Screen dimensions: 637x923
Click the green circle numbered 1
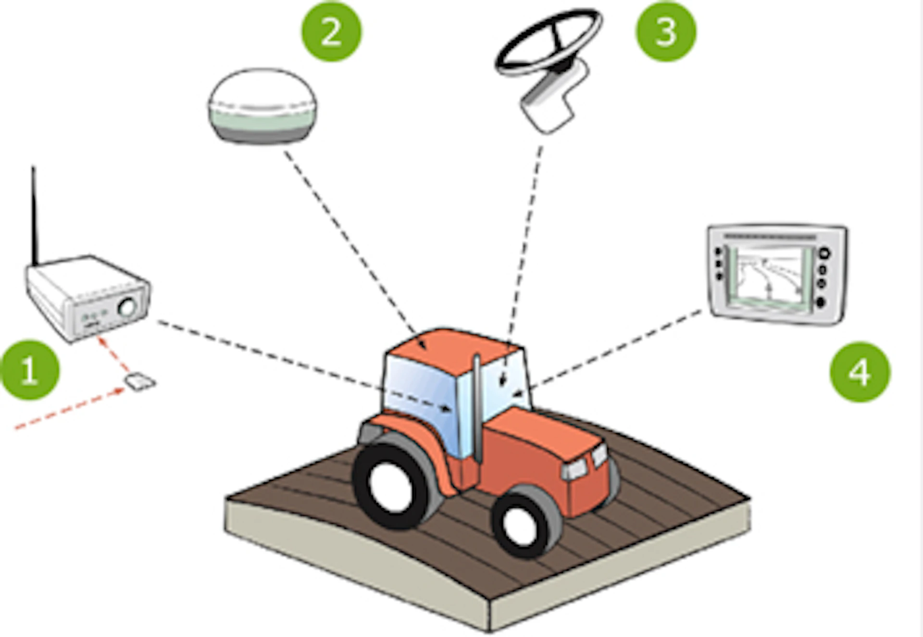[x=30, y=370]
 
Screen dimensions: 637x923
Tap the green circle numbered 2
[x=331, y=31]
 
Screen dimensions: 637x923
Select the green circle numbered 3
[x=666, y=31]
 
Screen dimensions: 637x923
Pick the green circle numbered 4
[x=860, y=372]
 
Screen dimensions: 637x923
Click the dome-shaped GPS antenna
[x=262, y=106]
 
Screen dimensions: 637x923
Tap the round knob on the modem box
[x=128, y=307]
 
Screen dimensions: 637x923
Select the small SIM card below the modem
[x=140, y=382]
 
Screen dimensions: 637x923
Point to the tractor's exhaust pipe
[x=476, y=409]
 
